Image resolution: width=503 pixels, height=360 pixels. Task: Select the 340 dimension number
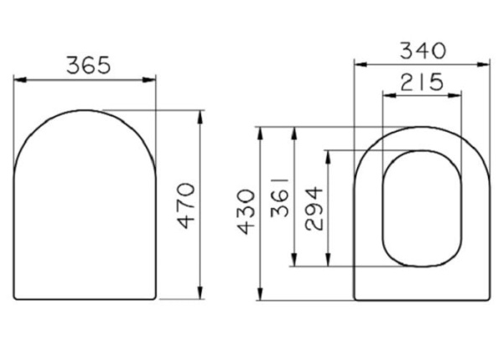[422, 50]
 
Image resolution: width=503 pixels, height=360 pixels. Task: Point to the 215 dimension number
[422, 82]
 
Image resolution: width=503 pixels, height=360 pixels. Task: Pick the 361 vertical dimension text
[279, 198]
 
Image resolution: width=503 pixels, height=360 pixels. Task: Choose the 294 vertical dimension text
[313, 209]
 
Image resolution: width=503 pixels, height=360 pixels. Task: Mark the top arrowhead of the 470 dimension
[200, 114]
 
